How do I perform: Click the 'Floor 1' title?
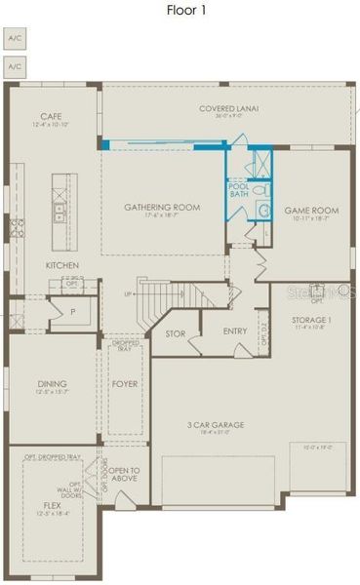coord(180,11)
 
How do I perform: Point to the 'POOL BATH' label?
coord(239,190)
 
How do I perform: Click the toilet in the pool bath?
coord(261,209)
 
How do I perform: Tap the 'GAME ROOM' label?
coord(310,210)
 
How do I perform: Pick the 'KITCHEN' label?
coord(62,265)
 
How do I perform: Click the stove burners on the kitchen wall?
coord(16,230)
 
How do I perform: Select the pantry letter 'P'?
coord(73,312)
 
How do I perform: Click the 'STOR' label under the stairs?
coord(176,332)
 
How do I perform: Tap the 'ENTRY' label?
coord(234,331)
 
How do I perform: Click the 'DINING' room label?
coord(52,384)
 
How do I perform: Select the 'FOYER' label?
coord(123,384)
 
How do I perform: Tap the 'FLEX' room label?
coord(51,505)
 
